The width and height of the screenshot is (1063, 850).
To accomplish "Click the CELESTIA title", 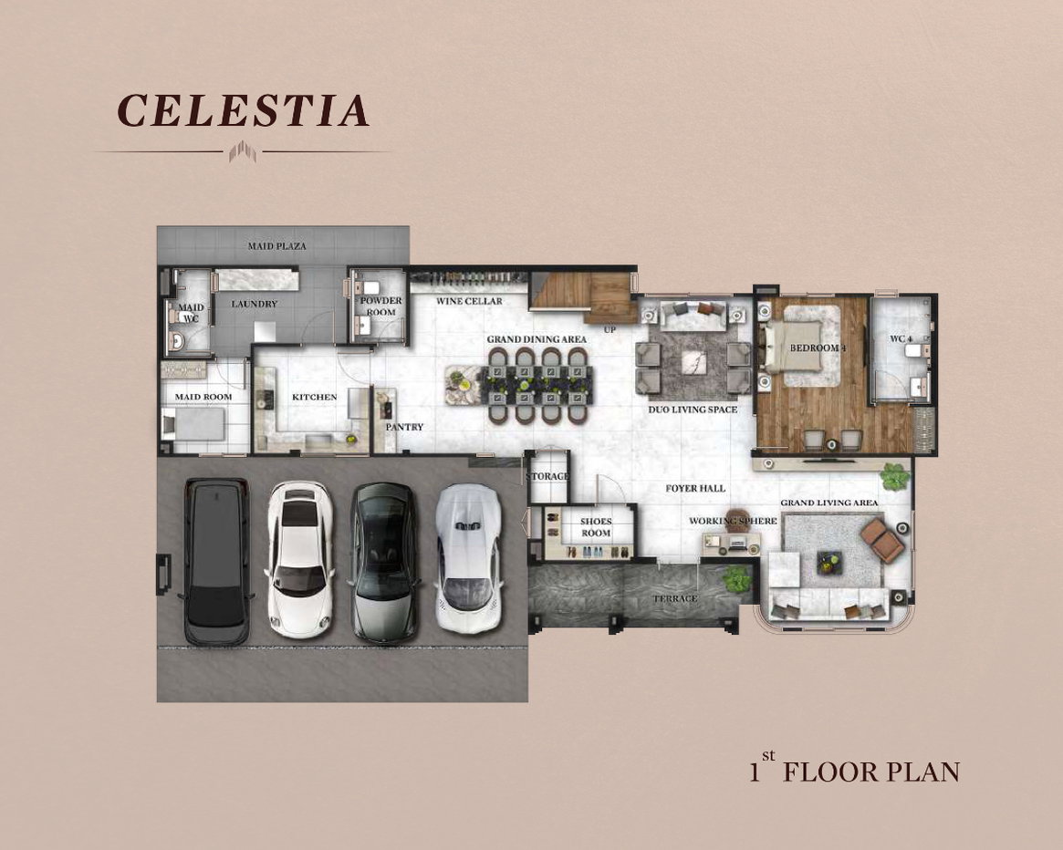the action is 244,110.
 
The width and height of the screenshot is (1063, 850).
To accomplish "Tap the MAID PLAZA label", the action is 276,246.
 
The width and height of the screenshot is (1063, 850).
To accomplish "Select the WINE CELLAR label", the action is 469,301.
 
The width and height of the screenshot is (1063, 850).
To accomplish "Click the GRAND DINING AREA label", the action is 537,339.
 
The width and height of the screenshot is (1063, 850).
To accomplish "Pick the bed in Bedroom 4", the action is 801,347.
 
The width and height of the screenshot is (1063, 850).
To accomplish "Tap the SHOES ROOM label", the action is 596,527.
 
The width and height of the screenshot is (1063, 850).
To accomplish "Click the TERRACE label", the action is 674,598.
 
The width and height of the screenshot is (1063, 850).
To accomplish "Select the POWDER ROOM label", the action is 381,306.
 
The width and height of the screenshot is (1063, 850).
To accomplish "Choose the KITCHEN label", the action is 315,398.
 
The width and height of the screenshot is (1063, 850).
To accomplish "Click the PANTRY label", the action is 404,427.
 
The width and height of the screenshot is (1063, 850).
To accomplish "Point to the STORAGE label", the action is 547,476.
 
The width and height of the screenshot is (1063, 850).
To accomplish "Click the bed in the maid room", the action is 193,425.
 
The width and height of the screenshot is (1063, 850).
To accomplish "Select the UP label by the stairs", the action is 610,330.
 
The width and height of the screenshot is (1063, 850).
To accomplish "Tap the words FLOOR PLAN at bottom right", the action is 871,772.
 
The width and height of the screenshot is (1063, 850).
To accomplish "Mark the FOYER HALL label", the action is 695,488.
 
